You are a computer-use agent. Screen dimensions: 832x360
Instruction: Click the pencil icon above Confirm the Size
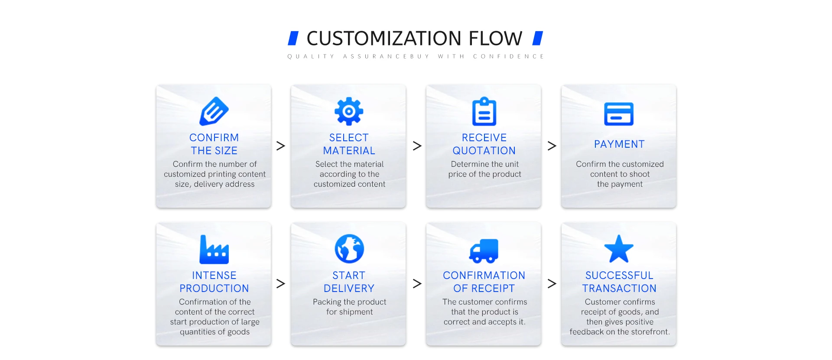[214, 111]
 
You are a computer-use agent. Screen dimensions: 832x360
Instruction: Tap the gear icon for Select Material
[349, 111]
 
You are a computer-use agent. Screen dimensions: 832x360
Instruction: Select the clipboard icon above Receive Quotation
[484, 111]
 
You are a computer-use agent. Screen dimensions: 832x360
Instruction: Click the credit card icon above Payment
[619, 114]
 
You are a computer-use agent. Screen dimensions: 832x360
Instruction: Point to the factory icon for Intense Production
[214, 250]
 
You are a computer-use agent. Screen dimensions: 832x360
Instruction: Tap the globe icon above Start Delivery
[349, 249]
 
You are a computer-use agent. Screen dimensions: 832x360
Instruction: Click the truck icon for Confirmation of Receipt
[484, 251]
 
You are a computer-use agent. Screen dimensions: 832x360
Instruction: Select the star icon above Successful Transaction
[619, 249]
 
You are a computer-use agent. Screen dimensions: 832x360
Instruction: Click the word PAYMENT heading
[619, 144]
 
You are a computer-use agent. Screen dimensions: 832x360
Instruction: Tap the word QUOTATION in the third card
[484, 151]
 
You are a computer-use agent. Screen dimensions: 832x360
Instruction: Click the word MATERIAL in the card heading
[349, 151]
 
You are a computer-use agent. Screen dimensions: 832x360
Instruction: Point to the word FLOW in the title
[495, 39]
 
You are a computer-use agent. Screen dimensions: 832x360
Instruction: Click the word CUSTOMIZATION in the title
[384, 39]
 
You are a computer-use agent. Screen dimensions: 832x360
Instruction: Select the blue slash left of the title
[293, 38]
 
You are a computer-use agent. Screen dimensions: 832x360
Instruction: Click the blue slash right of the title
[538, 38]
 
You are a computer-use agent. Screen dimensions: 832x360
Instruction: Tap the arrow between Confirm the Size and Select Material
[281, 146]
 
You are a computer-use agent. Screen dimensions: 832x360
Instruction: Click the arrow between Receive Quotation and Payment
[552, 146]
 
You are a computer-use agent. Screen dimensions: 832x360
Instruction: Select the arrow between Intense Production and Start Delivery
[281, 284]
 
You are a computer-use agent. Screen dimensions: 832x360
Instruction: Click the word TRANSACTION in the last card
[619, 289]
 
